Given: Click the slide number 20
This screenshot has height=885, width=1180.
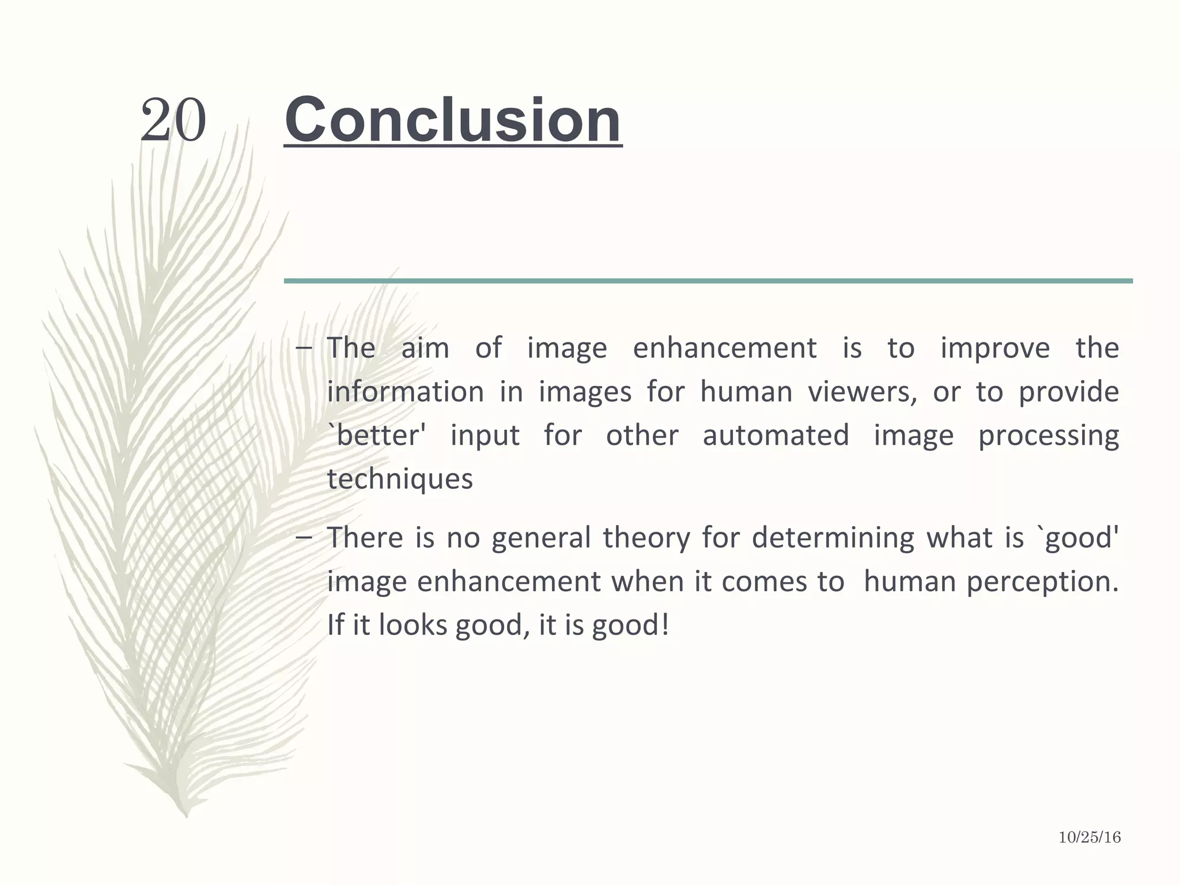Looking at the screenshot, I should pyautogui.click(x=173, y=120).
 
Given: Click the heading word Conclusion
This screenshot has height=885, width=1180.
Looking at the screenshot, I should pyautogui.click(x=453, y=120).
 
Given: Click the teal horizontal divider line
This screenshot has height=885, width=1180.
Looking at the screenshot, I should pyautogui.click(x=708, y=281).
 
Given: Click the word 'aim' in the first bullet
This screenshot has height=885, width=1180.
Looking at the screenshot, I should pyautogui.click(x=425, y=349).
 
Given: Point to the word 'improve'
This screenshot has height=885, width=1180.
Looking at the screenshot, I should pyautogui.click(x=995, y=349).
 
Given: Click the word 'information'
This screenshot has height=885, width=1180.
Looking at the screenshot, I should pyautogui.click(x=406, y=392).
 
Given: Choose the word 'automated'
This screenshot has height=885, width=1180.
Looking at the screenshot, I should pyautogui.click(x=776, y=435).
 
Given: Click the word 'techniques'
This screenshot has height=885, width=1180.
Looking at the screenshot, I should pyautogui.click(x=400, y=479).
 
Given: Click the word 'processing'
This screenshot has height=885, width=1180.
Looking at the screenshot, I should pyautogui.click(x=1048, y=436).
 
